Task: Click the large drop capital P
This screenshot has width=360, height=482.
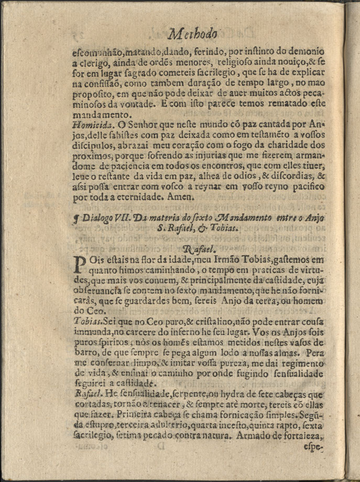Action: pos(80,264)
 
